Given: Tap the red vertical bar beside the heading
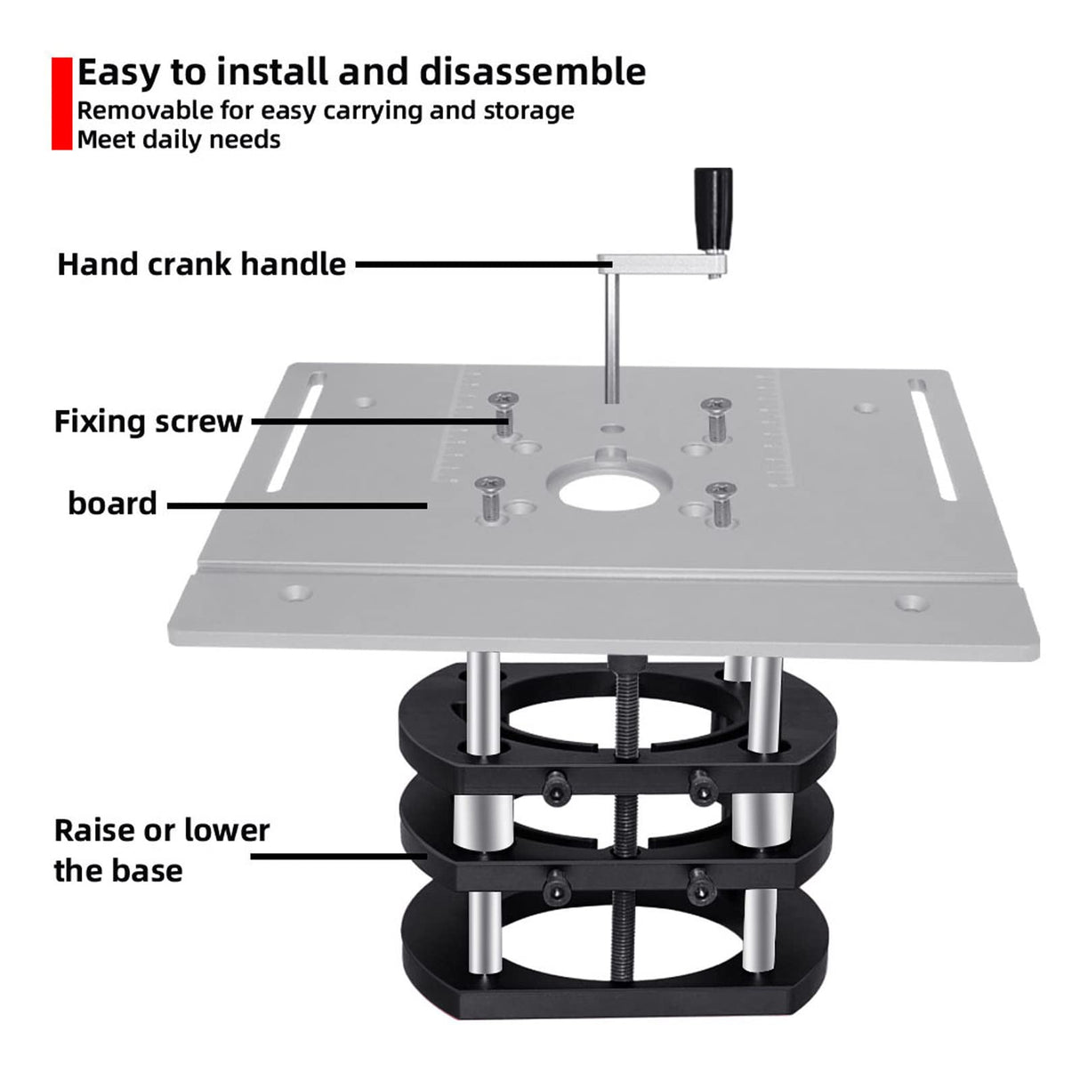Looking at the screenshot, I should tap(61, 103).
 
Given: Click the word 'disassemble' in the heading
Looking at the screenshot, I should tap(532, 72).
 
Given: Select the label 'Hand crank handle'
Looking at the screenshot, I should tap(201, 264).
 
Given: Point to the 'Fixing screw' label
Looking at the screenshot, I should tap(148, 421).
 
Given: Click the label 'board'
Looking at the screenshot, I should tap(112, 504).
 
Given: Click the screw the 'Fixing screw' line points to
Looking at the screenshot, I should tap(502, 411).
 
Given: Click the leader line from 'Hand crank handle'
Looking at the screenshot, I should tap(477, 264).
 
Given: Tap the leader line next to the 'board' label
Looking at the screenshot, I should tap(297, 505).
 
